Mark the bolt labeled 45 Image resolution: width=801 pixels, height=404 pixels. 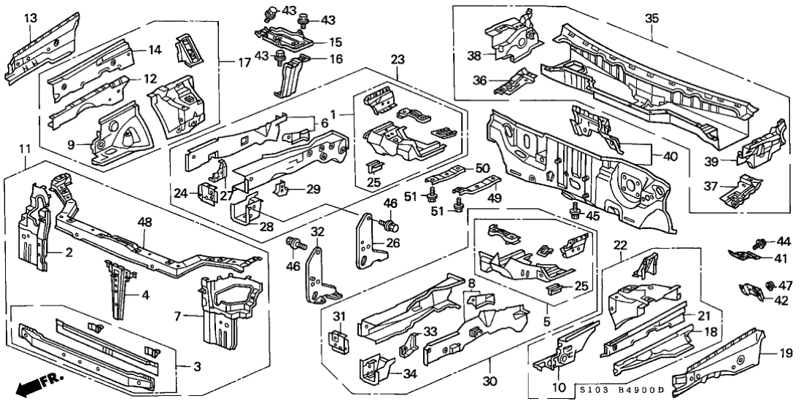tap(574, 212)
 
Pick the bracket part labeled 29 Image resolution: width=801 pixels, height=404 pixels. tap(279, 190)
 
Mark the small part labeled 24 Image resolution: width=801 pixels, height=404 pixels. tap(206, 193)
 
